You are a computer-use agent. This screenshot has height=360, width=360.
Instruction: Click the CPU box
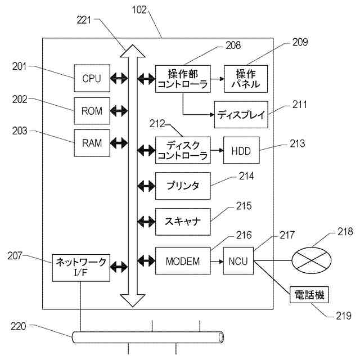[x=92, y=78]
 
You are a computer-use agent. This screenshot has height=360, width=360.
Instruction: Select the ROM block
[x=92, y=111]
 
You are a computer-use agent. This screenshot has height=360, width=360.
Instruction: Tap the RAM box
[x=92, y=143]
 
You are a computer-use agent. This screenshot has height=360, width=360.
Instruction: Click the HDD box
[x=241, y=150]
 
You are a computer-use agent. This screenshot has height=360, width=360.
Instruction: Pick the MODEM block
[x=183, y=261]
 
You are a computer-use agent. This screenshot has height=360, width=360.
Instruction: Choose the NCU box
[x=238, y=261]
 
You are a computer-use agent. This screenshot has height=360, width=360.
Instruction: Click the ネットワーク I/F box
[x=81, y=268]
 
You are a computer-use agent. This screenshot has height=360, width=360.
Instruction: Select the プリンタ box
[x=183, y=186]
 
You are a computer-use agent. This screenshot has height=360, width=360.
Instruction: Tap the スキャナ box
[x=183, y=222]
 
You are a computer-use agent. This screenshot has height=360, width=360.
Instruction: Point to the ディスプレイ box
[x=241, y=115]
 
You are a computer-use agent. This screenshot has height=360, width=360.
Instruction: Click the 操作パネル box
[x=246, y=79]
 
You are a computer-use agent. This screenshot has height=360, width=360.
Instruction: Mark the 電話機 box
[x=309, y=295]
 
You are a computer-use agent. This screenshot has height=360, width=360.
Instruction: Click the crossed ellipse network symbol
[x=311, y=260]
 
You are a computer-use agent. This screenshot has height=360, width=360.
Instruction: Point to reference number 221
[x=84, y=20]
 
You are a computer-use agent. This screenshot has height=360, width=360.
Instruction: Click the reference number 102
[x=139, y=10]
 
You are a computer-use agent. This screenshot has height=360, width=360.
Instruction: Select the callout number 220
[x=19, y=326]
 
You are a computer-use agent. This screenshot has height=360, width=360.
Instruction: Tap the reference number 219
[x=344, y=316]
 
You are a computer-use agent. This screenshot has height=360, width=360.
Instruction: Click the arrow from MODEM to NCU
[x=217, y=261]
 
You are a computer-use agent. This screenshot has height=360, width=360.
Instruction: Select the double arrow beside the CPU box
[x=119, y=78]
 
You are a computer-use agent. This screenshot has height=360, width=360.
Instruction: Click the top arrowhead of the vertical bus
[x=133, y=51]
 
